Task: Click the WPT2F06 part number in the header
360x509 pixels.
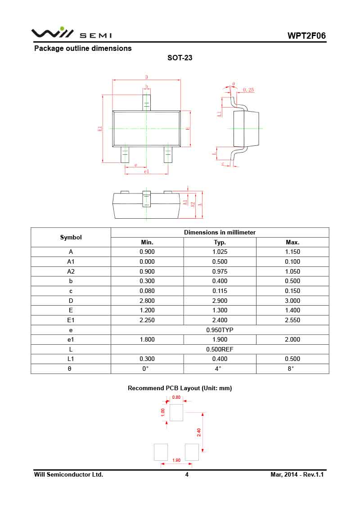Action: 307,36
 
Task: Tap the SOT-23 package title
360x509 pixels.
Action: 180,58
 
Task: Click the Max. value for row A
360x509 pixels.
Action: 292,252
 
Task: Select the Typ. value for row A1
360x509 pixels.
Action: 220,261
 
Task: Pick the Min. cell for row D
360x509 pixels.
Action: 147,301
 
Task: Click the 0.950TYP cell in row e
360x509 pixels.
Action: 220,330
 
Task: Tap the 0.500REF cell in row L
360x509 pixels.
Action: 220,349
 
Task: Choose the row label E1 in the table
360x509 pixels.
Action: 71,320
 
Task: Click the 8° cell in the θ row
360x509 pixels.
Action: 292,369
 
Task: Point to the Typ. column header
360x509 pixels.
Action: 220,242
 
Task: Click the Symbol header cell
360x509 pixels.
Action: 71,237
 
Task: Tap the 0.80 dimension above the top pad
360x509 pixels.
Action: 176,397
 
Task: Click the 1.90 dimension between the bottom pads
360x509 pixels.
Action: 176,460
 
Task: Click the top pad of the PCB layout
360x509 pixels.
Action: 176,412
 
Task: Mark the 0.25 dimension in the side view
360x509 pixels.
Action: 248,90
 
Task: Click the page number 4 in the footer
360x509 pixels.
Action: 187,475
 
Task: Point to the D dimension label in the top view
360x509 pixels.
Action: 146,77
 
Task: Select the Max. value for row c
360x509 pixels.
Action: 292,291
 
